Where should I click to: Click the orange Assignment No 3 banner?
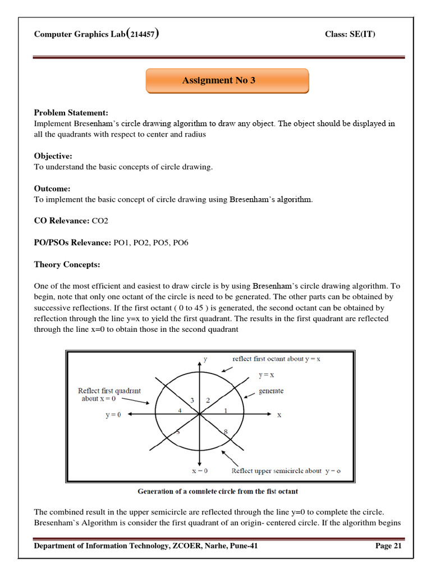coord(227,81)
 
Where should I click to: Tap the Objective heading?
coord(53,156)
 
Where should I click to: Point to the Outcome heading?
coord(52,189)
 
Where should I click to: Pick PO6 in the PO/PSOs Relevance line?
coord(181,243)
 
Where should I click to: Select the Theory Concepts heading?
coord(67,264)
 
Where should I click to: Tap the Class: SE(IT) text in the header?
coord(350,34)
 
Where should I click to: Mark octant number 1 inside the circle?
coord(226,410)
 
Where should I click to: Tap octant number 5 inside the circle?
coord(178,432)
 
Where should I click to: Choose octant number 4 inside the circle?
coord(180,410)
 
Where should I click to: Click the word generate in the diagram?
coord(271,391)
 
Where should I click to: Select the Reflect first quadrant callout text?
coord(109,395)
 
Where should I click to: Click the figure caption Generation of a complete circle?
coord(218,491)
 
